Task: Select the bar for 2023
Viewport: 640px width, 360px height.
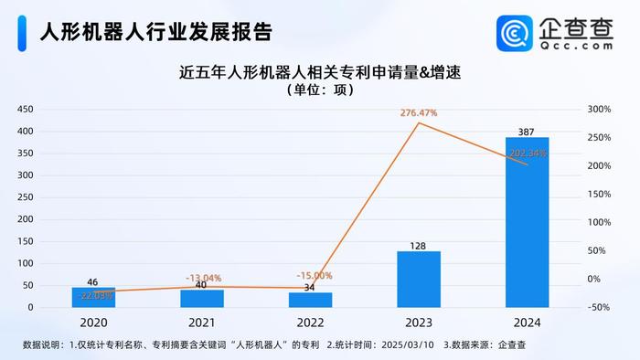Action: click(419, 279)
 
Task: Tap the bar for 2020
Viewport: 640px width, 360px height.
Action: click(93, 297)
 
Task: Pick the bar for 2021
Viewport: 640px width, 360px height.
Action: click(202, 298)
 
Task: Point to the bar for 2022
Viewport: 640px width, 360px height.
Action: click(310, 300)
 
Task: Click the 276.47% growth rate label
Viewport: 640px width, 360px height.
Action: click(419, 112)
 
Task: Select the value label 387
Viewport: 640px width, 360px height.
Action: click(528, 131)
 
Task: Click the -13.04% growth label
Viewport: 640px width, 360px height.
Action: click(203, 278)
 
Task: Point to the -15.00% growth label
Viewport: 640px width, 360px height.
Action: click(315, 275)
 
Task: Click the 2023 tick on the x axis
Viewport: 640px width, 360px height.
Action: click(419, 322)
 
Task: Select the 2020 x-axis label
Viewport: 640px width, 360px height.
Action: click(93, 322)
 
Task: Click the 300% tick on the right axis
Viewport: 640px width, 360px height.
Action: click(599, 110)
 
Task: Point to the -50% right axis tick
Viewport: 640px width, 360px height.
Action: click(599, 307)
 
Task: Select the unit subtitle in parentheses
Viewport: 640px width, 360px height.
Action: click(319, 90)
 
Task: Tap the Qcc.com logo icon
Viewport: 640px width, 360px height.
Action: click(515, 33)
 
